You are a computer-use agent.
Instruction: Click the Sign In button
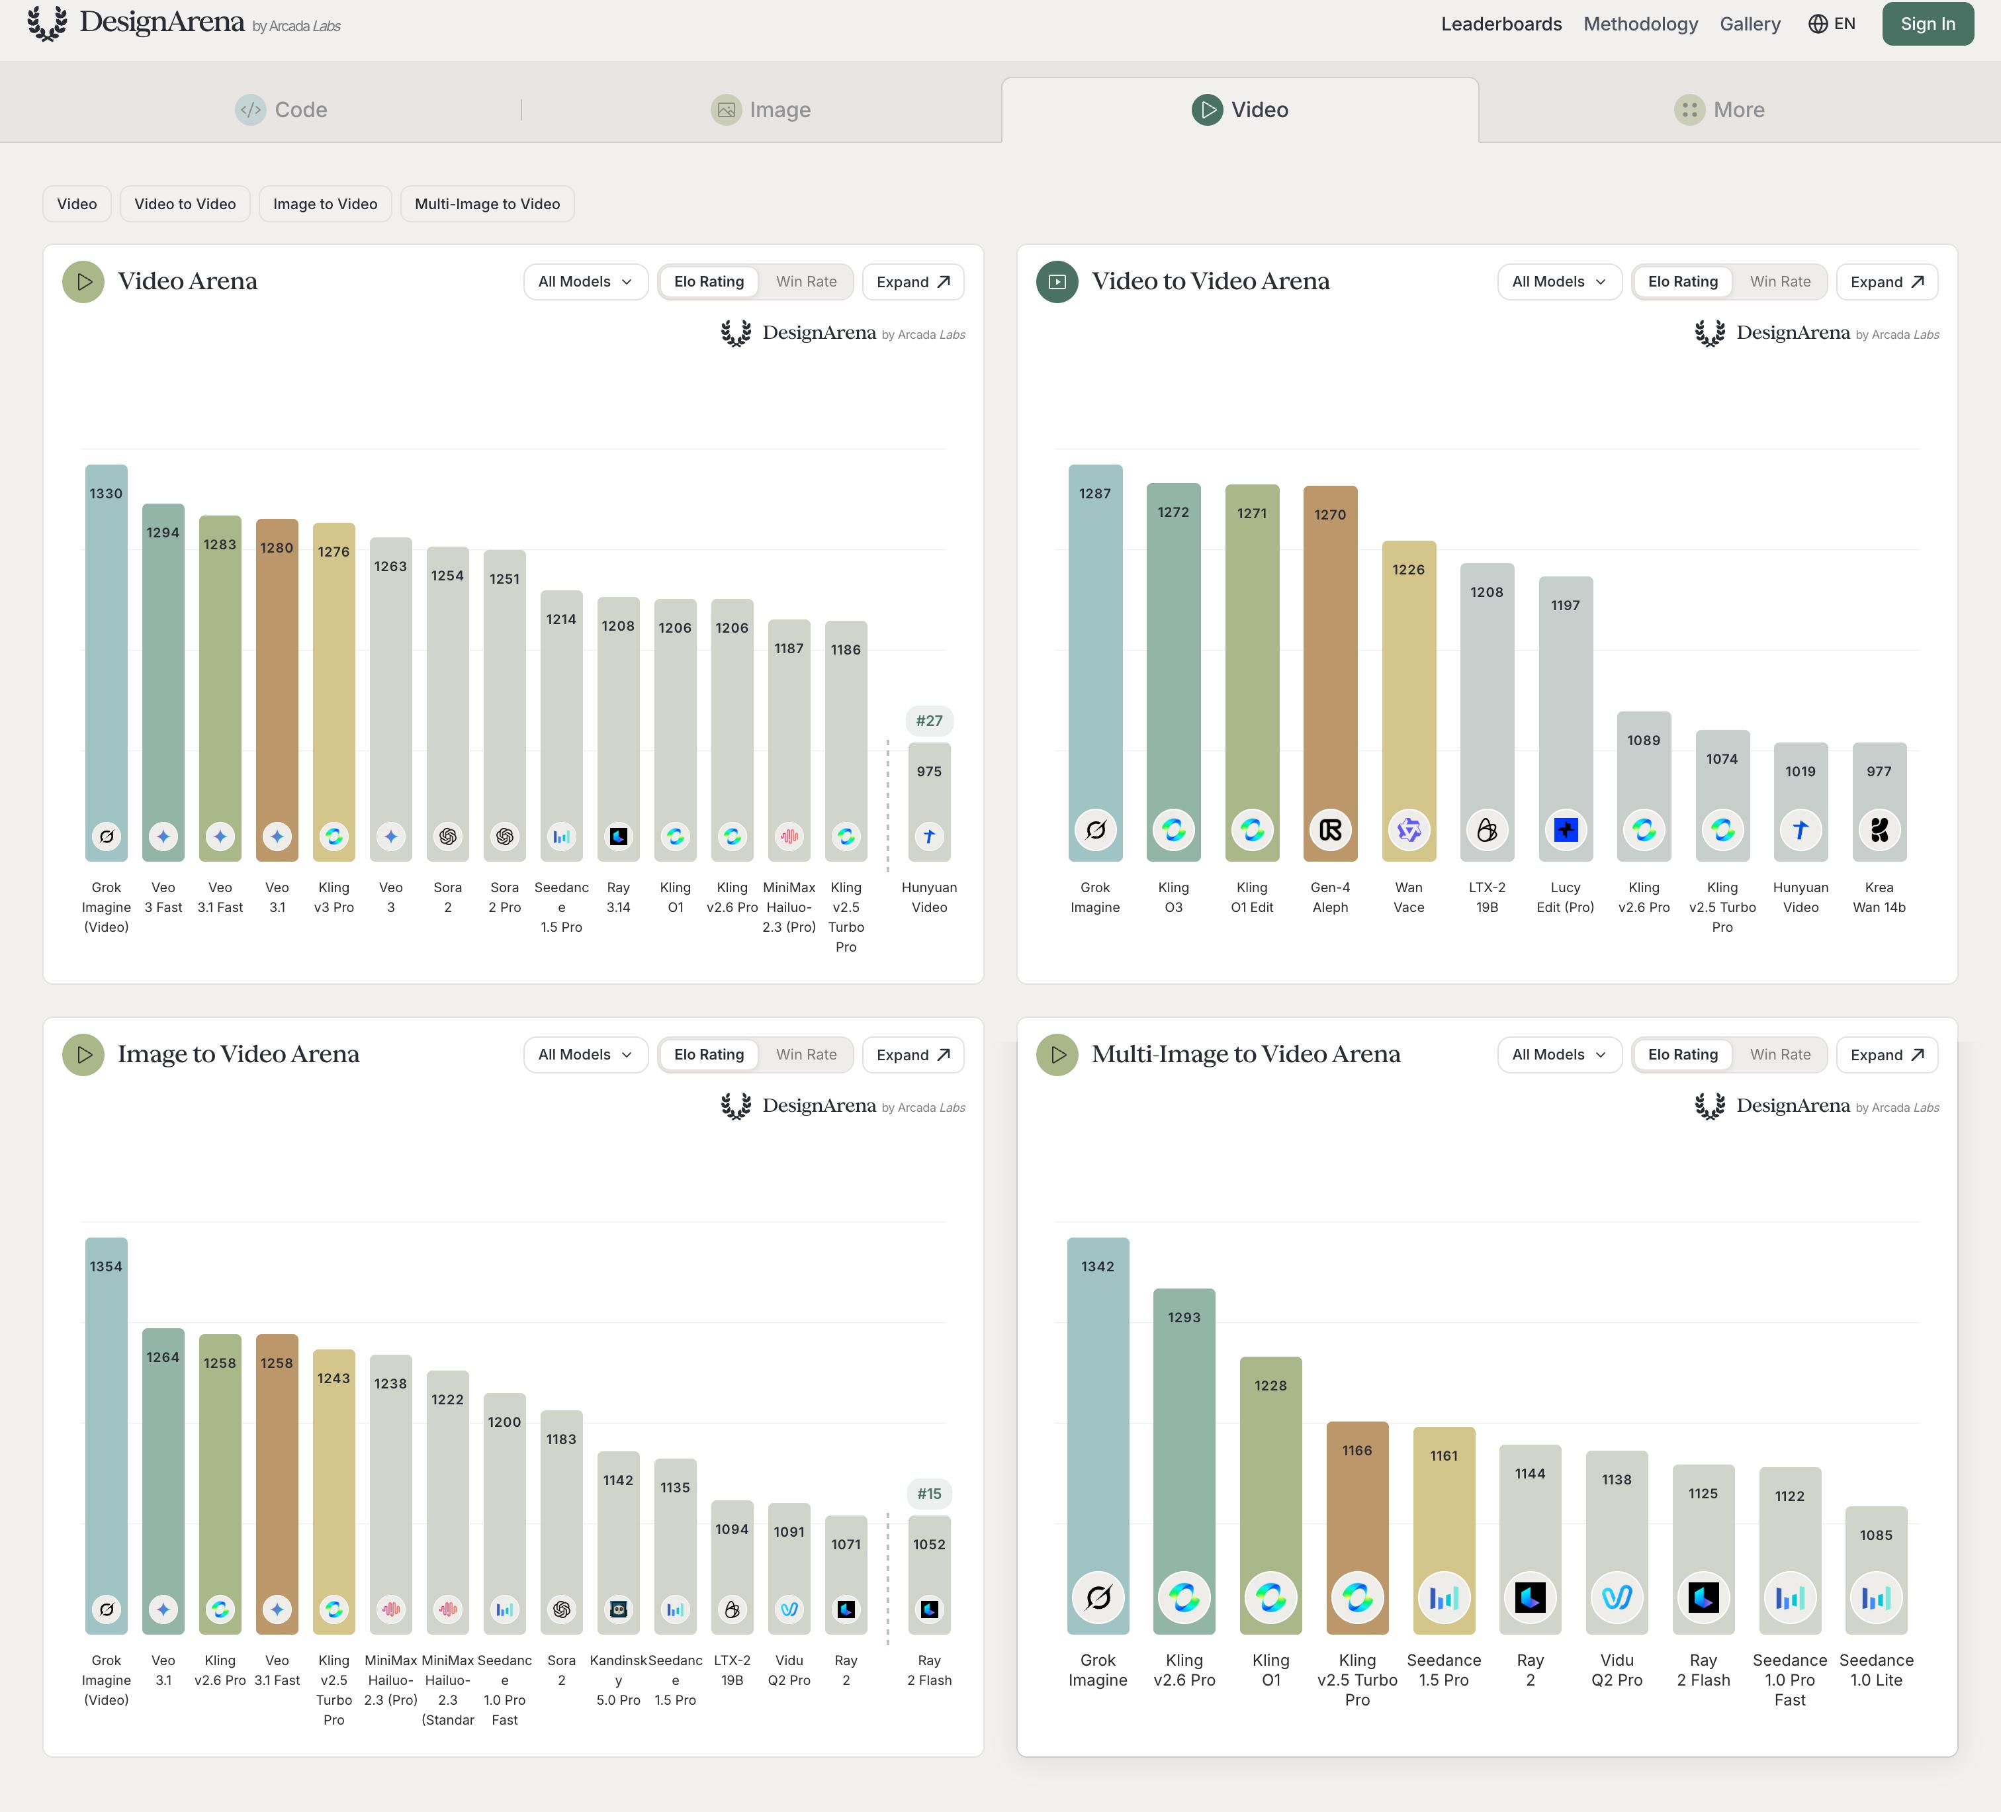[x=1927, y=24]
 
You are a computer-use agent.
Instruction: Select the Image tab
[x=761, y=109]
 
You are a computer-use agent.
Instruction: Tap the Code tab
[x=281, y=109]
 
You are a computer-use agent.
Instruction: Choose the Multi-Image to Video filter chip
[x=487, y=204]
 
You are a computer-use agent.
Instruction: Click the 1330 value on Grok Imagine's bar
[x=106, y=494]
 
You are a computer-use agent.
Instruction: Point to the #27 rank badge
[x=929, y=721]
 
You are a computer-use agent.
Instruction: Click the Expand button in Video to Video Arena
[x=1887, y=282]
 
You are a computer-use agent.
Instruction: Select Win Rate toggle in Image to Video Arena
[x=806, y=1054]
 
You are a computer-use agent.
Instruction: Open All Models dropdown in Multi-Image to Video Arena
[x=1558, y=1054]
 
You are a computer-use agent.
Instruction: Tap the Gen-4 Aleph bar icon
[x=1330, y=830]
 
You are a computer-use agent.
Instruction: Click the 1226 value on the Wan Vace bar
[x=1408, y=570]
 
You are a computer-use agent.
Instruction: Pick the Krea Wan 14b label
[x=1879, y=897]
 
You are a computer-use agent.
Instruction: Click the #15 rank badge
[x=929, y=1493]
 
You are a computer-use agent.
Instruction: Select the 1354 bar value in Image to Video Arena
[x=106, y=1267]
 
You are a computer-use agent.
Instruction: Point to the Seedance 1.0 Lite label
[x=1876, y=1670]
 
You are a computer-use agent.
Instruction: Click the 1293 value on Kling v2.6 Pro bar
[x=1184, y=1318]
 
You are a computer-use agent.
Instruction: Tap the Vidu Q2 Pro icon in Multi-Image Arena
[x=1617, y=1598]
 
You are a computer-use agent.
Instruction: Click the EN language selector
[x=1832, y=24]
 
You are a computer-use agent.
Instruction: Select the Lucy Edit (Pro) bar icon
[x=1566, y=830]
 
